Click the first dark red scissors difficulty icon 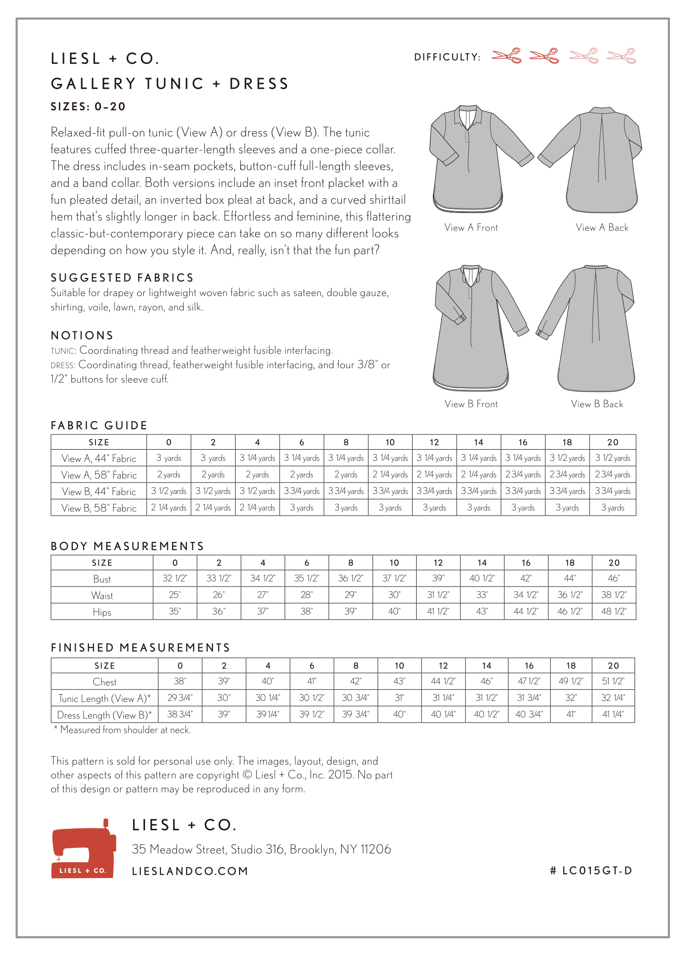(506, 56)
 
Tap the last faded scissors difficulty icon (621, 56)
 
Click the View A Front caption (471, 227)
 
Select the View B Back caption (597, 404)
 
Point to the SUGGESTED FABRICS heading (122, 278)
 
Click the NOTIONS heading (82, 335)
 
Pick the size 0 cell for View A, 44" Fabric (169, 458)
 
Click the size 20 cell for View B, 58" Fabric (612, 508)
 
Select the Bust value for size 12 (438, 578)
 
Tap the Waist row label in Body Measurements (102, 595)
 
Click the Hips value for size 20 (614, 612)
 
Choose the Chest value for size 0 (180, 681)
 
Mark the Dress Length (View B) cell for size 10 (399, 714)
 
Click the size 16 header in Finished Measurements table (529, 665)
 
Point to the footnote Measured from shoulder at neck (122, 730)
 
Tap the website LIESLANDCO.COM (190, 871)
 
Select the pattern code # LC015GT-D (591, 871)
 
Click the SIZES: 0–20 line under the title (88, 106)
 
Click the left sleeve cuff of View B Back (543, 333)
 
